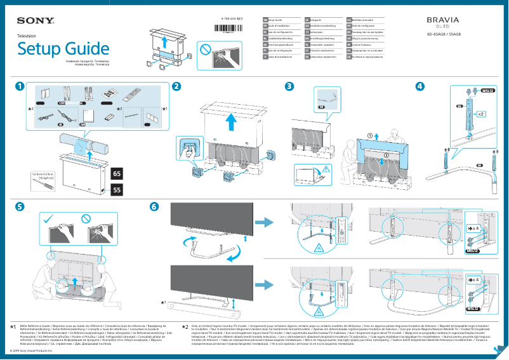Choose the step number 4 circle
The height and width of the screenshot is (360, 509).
tap(420, 86)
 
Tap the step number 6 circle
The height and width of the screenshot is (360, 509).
tap(154, 207)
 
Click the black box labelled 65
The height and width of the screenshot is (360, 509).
tap(117, 173)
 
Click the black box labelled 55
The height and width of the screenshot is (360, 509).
tap(117, 189)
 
